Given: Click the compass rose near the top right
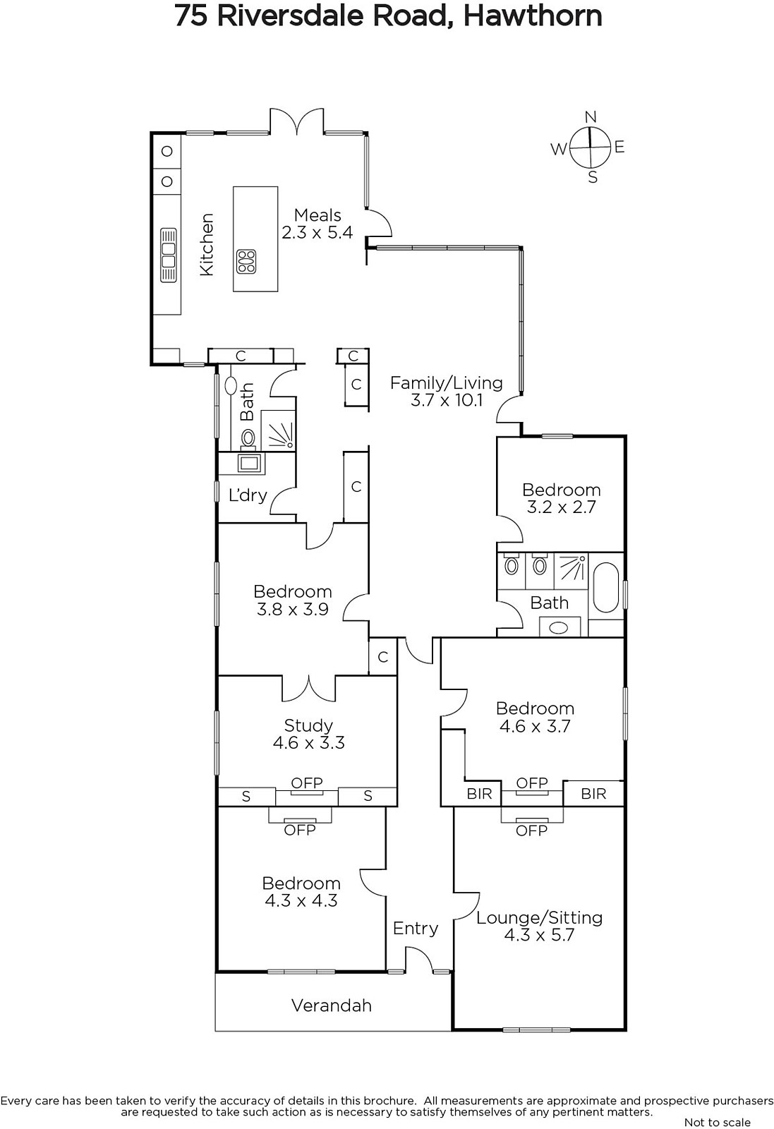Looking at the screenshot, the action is tap(590, 147).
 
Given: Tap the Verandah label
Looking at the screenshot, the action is tap(332, 1006).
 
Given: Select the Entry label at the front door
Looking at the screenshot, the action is tap(416, 929).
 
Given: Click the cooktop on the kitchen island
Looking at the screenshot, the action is tap(246, 262).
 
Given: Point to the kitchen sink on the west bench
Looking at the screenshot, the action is tap(169, 255).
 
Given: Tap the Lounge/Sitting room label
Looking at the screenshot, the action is tap(539, 926).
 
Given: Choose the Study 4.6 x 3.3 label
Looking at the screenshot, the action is tap(308, 734).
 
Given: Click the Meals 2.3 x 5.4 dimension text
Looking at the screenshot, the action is tap(318, 223).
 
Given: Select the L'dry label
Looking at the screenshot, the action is tap(248, 495).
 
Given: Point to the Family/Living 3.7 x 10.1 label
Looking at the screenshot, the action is tap(447, 392).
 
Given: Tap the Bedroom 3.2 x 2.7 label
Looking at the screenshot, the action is tap(561, 498).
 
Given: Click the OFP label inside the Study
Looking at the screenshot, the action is tap(307, 783).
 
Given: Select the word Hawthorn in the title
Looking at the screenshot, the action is tap(533, 16).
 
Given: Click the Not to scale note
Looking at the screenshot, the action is tap(718, 1123).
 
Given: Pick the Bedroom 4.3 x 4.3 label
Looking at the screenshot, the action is tap(301, 892).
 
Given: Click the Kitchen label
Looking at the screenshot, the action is tap(207, 244).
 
